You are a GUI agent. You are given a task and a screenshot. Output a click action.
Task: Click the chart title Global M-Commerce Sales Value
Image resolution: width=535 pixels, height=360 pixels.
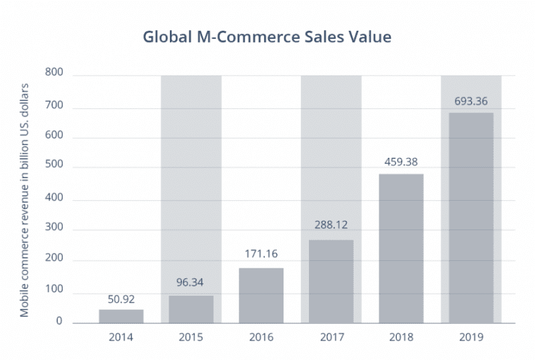pyautogui.click(x=267, y=37)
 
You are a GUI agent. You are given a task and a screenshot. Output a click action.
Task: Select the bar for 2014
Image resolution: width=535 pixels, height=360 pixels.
pyautogui.click(x=121, y=316)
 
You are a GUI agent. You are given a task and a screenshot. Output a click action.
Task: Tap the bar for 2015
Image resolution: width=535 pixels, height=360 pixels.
pyautogui.click(x=191, y=309)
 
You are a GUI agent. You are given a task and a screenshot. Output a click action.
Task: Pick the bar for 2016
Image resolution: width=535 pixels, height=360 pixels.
pyautogui.click(x=261, y=295)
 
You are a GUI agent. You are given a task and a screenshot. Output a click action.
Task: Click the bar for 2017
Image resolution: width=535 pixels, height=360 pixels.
pyautogui.click(x=330, y=281)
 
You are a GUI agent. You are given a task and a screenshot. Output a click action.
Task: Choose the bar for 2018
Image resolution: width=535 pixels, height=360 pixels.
pyautogui.click(x=401, y=248)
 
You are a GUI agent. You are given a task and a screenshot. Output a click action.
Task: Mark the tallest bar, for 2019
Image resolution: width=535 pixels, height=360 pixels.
pyautogui.click(x=471, y=217)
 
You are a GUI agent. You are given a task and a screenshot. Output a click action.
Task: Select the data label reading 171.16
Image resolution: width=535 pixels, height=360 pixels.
pyautogui.click(x=261, y=254)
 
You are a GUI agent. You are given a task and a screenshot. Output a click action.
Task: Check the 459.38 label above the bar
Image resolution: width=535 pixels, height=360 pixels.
pyautogui.click(x=401, y=161)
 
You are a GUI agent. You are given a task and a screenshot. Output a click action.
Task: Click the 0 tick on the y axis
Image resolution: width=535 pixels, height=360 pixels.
pyautogui.click(x=59, y=322)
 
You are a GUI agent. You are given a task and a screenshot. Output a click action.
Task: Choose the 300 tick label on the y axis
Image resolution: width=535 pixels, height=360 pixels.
pyautogui.click(x=53, y=230)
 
